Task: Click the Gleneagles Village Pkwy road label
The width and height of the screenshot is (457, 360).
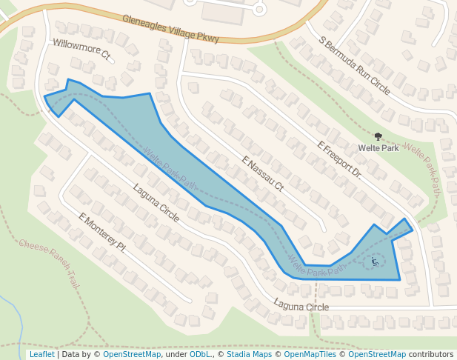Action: pyautogui.click(x=171, y=29)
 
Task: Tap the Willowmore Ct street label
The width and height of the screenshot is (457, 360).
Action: pyautogui.click(x=81, y=49)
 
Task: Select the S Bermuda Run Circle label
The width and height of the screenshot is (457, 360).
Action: pyautogui.click(x=354, y=65)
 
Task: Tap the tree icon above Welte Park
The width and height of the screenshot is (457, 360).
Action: pyautogui.click(x=378, y=136)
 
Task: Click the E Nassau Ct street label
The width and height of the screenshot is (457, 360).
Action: pyautogui.click(x=262, y=174)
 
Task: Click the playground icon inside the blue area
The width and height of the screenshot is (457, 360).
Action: pyautogui.click(x=375, y=261)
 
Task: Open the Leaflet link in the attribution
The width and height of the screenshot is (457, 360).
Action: pyautogui.click(x=41, y=355)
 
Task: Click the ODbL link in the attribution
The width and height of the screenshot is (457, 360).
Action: pyautogui.click(x=200, y=355)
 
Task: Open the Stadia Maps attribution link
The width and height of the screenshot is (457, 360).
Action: pyautogui.click(x=251, y=355)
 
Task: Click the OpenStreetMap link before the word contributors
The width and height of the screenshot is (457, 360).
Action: pyautogui.click(x=377, y=355)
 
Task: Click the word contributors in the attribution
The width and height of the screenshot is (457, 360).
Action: pyautogui.click(x=431, y=355)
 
